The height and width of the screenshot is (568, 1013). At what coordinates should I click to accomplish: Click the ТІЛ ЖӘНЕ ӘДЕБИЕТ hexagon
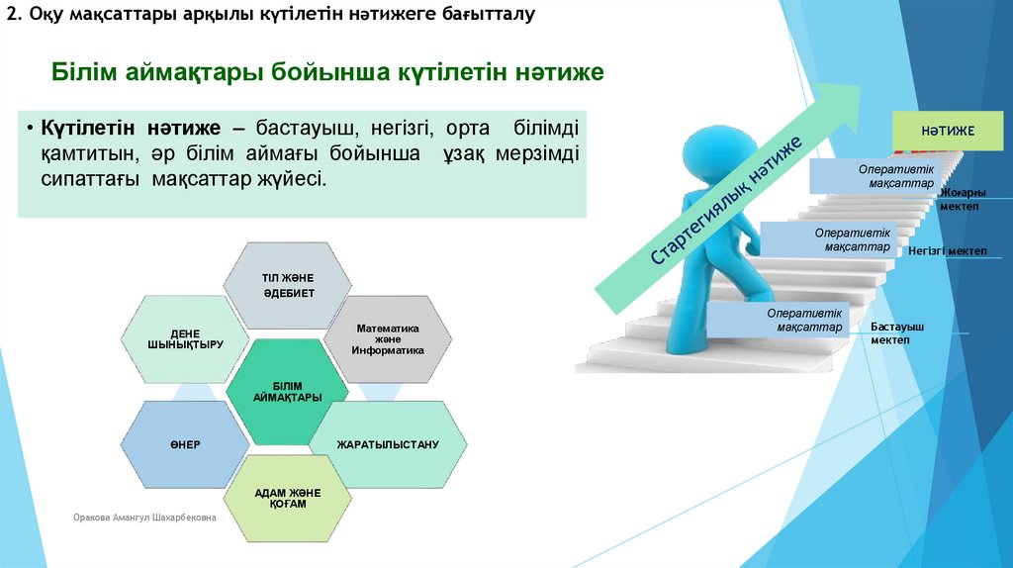click(x=288, y=285)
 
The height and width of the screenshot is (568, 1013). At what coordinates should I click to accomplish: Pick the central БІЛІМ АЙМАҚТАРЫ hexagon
click(x=287, y=391)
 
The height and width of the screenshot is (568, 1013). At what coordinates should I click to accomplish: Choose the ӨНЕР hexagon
click(x=184, y=444)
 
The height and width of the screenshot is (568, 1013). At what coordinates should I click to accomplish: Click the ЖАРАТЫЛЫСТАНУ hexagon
click(x=387, y=444)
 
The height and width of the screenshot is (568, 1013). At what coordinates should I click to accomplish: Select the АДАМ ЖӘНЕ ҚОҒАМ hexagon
click(x=288, y=498)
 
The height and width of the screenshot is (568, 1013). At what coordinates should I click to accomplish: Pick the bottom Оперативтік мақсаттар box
click(x=779, y=320)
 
